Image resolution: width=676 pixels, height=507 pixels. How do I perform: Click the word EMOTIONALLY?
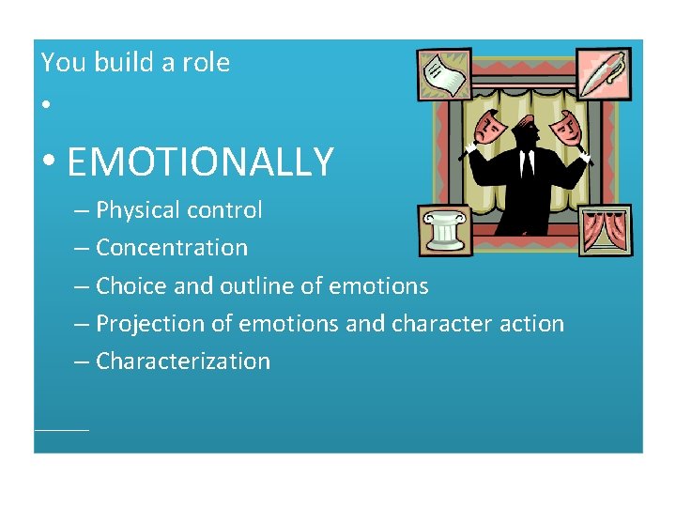pyautogui.click(x=200, y=161)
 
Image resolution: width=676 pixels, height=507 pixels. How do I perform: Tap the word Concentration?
pyautogui.click(x=172, y=248)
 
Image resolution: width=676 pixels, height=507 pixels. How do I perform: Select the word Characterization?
pyautogui.click(x=183, y=361)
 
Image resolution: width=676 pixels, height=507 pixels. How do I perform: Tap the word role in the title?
pyautogui.click(x=207, y=63)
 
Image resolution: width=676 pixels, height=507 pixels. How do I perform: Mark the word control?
pyautogui.click(x=231, y=210)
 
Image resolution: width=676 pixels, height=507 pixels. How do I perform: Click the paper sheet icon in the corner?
pyautogui.click(x=444, y=75)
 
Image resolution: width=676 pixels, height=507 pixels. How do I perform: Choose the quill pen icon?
pyautogui.click(x=605, y=74)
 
